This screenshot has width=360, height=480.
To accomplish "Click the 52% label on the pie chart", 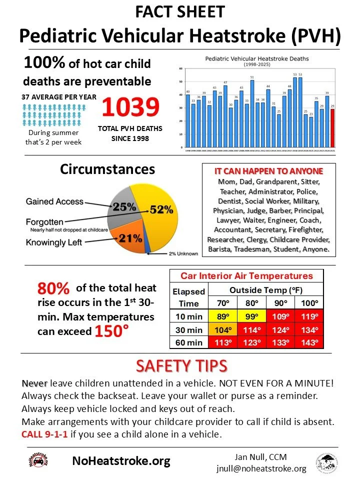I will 160,209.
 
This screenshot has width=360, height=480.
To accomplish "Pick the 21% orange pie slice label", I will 130,238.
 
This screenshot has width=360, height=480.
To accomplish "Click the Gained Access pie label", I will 54,201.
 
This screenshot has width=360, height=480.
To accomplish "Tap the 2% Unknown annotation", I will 183,253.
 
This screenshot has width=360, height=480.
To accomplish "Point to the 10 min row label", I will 188,316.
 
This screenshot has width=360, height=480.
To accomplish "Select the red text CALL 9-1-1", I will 44,432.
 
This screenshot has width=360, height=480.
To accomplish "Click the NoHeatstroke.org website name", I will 121,460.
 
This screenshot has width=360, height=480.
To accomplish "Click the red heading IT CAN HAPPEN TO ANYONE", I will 268,171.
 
